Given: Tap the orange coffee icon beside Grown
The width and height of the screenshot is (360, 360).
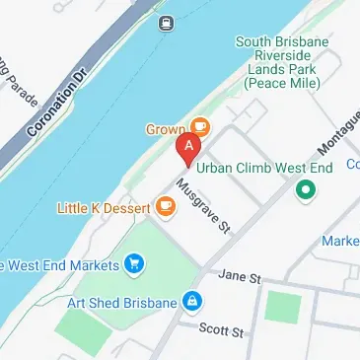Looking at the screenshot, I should point(200,126).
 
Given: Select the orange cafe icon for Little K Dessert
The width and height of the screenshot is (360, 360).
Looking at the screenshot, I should point(164,206).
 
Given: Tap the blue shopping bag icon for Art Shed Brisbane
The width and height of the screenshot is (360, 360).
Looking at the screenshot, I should point(194,301).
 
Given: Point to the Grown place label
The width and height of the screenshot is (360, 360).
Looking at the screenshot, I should point(167,128).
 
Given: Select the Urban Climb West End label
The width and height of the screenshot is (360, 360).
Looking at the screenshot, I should point(265,168).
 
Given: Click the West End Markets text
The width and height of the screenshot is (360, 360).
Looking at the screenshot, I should point(58,263).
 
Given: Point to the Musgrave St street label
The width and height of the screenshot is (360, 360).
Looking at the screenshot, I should point(203,207).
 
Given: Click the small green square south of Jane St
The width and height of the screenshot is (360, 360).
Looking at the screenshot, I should point(282,308).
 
